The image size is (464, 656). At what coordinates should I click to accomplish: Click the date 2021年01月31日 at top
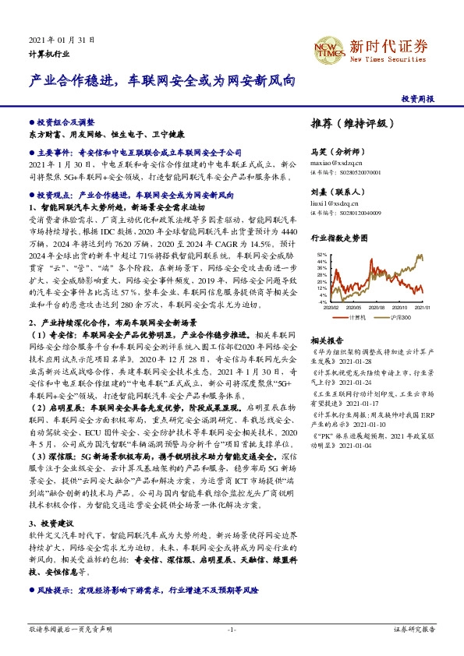pyautogui.click(x=61, y=39)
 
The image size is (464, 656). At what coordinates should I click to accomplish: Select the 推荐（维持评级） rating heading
pyautogui.click(x=349, y=123)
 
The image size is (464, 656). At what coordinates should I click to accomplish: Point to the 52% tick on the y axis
pyautogui.click(x=322, y=255)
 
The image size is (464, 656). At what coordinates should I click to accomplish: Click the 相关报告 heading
pyautogui.click(x=327, y=341)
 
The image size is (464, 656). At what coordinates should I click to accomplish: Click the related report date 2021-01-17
pyautogui.click(x=349, y=404)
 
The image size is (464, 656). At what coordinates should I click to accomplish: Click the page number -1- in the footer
pyautogui.click(x=232, y=628)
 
